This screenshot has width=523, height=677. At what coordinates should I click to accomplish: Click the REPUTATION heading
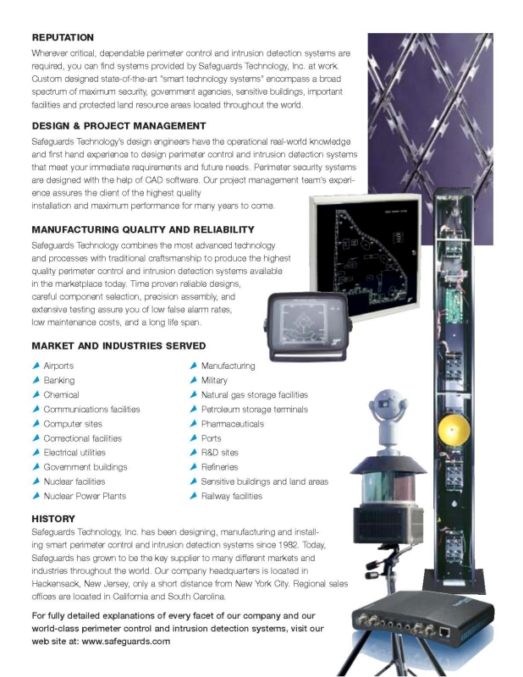tap(63, 37)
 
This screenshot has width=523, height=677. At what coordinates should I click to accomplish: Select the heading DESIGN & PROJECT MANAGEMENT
tap(118, 126)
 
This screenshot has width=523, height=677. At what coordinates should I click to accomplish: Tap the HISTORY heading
tap(53, 519)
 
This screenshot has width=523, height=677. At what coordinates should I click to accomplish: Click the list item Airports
tap(58, 366)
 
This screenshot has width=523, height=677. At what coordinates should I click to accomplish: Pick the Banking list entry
tap(59, 380)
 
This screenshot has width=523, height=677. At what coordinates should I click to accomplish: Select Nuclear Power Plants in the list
tap(85, 496)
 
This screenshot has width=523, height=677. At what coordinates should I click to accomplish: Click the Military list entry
tap(214, 380)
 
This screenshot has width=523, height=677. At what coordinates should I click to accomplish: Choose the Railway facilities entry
tap(232, 496)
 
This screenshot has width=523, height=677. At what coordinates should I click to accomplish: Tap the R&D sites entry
tap(219, 453)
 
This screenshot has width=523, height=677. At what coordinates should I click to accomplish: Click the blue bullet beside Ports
tap(194, 438)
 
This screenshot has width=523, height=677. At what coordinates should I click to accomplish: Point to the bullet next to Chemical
tap(36, 394)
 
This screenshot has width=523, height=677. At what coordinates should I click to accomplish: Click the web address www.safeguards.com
tap(126, 641)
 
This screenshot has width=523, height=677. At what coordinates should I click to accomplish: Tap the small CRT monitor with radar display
tap(307, 326)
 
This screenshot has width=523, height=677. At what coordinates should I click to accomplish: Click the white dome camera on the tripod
tap(388, 417)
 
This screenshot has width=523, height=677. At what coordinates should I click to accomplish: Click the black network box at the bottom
tap(422, 617)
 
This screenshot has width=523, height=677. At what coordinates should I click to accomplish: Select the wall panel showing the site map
tap(366, 256)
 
